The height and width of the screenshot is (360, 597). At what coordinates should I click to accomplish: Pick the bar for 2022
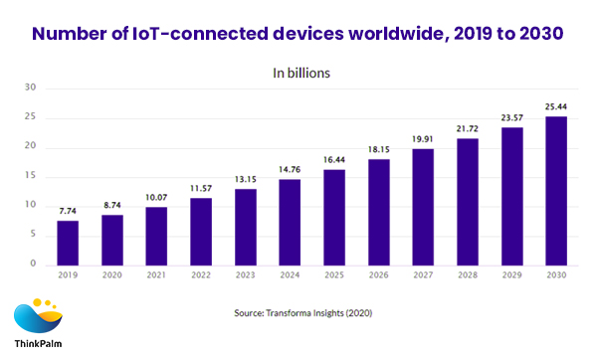coord(200,231)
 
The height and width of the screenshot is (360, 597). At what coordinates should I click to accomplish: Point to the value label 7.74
coord(67,212)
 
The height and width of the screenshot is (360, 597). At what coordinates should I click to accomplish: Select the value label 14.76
coord(289,170)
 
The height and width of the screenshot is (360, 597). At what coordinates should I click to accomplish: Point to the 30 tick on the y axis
coord(31,88)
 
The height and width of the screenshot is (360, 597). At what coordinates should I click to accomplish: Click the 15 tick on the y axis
coord(31,176)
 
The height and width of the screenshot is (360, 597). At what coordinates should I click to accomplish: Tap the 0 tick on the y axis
coord(34,265)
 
